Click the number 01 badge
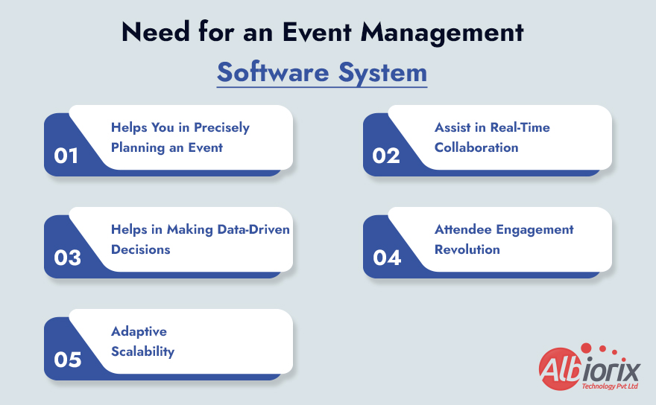click(66, 156)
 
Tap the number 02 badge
click(386, 156)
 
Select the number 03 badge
click(67, 258)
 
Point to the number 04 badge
click(387, 258)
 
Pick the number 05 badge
click(67, 360)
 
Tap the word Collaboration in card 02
click(476, 147)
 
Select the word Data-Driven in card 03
click(253, 229)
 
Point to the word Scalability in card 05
click(142, 351)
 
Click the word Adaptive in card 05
click(139, 331)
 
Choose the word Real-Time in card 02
click(520, 127)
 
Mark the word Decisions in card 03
click(141, 249)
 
